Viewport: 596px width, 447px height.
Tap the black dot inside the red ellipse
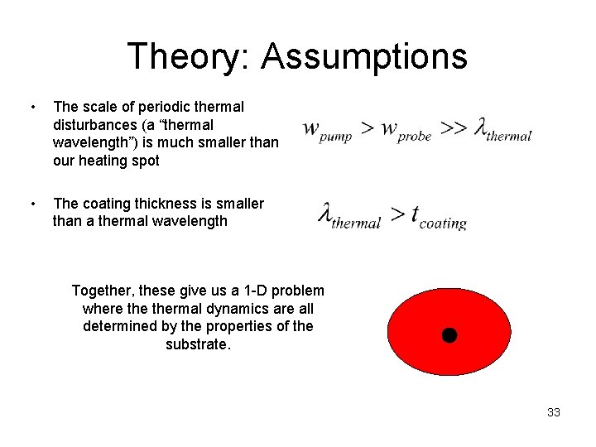coord(449,335)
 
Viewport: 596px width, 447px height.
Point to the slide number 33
coord(553,412)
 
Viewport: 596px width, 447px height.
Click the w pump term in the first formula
coord(328,130)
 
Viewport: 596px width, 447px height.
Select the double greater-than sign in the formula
coord(452,128)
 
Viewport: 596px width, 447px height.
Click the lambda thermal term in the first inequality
coord(502,130)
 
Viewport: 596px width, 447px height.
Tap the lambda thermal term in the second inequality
coord(350,216)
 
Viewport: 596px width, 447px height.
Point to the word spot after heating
coord(145,161)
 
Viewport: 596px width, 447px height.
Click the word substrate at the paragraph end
coord(198,344)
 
